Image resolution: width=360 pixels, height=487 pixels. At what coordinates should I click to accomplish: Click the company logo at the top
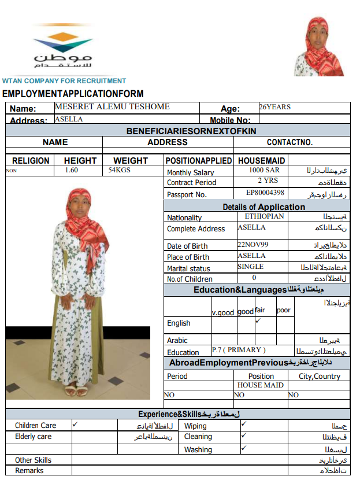point(62,50)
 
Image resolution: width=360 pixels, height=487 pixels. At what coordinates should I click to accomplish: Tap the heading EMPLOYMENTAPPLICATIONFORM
point(73,94)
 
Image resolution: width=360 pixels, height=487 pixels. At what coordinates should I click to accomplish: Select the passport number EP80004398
point(265,193)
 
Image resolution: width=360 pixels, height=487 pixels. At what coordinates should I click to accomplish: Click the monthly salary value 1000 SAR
point(264,171)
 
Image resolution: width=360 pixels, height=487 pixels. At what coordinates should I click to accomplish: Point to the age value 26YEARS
point(274,107)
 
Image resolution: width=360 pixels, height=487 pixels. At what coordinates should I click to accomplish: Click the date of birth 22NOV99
point(253,244)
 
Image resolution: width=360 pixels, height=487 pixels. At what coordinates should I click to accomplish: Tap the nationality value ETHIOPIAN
point(264,216)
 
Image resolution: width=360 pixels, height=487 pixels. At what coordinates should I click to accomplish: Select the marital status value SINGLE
point(250,267)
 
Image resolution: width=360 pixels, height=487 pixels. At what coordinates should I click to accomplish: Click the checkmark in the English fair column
point(258,320)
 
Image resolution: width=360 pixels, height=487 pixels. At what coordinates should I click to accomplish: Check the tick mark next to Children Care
point(75,424)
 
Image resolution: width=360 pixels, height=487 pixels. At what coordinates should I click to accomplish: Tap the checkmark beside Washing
point(244,448)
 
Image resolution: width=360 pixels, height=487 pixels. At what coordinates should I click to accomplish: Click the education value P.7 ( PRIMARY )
point(239,350)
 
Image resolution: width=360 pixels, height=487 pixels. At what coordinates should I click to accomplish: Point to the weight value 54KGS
point(120,170)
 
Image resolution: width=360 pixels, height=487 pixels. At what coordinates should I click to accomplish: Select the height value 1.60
point(72,170)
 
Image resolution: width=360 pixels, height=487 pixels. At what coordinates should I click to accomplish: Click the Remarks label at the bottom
point(29,470)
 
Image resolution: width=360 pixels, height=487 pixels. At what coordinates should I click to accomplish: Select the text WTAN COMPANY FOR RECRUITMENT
point(64,81)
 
